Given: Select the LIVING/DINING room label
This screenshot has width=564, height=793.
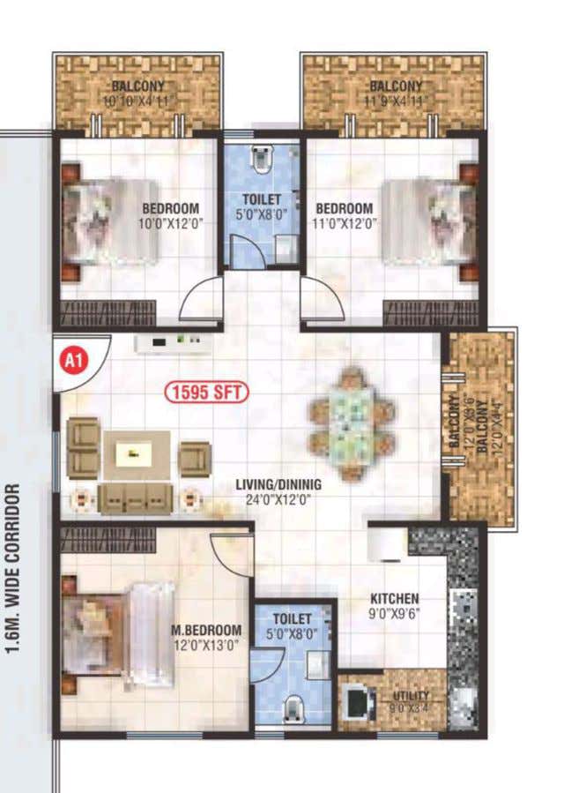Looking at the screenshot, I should tap(278, 484).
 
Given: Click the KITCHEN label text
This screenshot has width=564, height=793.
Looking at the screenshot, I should tap(394, 599).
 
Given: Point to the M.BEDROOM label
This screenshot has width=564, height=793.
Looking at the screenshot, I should tap(206, 630).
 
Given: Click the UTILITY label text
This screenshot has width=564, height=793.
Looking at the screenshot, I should tap(411, 695).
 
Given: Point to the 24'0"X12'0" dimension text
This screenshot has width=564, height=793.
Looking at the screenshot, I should tap(278, 500).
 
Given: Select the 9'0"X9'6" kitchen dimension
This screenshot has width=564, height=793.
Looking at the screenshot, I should tap(394, 614).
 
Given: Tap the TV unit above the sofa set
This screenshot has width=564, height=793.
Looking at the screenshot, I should tap(173, 343).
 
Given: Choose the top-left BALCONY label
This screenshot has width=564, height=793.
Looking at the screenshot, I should tap(139, 86).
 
